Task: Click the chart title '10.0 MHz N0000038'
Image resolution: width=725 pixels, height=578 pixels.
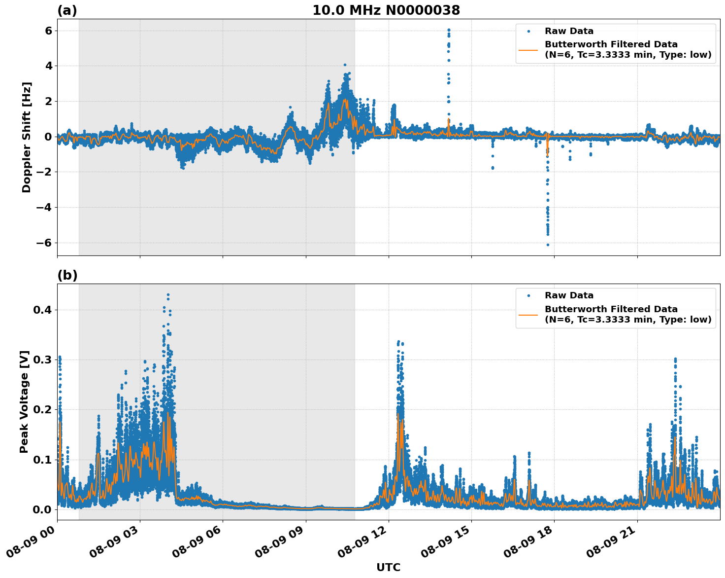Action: [x=386, y=10]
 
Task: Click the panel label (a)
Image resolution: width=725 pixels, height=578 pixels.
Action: [x=67, y=10]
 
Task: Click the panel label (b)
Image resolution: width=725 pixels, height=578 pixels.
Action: [x=67, y=275]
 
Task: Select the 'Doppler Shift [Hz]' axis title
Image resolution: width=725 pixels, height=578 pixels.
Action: [x=27, y=137]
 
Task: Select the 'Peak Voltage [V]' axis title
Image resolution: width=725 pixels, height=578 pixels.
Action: [x=24, y=401]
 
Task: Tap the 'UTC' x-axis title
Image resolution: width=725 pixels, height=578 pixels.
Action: [x=388, y=567]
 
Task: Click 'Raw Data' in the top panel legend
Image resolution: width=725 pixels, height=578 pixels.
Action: [x=569, y=31]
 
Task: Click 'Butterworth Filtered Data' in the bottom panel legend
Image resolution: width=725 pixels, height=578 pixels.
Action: [x=611, y=309]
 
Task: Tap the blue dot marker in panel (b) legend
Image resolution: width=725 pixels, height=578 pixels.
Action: [x=528, y=295]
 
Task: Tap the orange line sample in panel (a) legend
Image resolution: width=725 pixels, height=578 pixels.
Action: [x=528, y=49]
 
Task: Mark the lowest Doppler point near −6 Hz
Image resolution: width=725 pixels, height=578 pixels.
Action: [x=548, y=245]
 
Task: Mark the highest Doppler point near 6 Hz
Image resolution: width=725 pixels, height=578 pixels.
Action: [x=449, y=30]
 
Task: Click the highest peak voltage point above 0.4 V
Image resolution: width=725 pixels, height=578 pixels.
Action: [x=168, y=295]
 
